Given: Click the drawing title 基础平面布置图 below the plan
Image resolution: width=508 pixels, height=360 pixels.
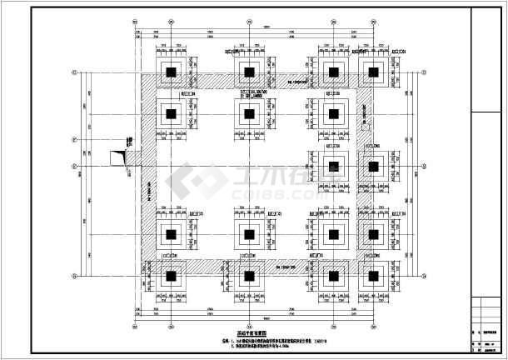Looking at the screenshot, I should pyautogui.click(x=250, y=327).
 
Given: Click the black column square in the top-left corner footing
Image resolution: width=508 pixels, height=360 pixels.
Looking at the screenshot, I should pyautogui.click(x=170, y=72).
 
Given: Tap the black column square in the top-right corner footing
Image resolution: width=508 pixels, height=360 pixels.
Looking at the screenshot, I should pyautogui.click(x=373, y=72).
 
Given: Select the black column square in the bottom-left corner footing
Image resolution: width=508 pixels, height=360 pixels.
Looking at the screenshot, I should pyautogui.click(x=170, y=275).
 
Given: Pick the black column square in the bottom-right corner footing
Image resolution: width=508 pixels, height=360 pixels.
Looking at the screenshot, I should pyautogui.click(x=373, y=275).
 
